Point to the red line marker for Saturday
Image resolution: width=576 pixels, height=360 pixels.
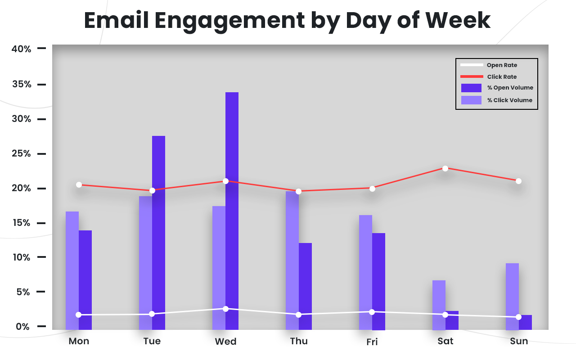pyautogui.click(x=445, y=168)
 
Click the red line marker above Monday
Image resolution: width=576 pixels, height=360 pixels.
pyautogui.click(x=79, y=184)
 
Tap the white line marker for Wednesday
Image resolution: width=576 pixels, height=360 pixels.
pyautogui.click(x=225, y=309)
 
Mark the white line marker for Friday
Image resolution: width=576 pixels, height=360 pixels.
pyautogui.click(x=372, y=312)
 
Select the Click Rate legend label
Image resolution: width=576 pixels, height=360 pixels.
pyautogui.click(x=502, y=77)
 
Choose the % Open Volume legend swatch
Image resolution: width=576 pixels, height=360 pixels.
pyautogui.click(x=471, y=88)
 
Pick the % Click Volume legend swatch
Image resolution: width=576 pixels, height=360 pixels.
pyautogui.click(x=471, y=100)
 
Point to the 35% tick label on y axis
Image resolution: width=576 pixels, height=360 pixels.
pyautogui.click(x=21, y=85)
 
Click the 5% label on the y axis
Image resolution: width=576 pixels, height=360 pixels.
pyautogui.click(x=23, y=292)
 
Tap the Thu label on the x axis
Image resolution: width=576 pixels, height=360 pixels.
pyautogui.click(x=299, y=341)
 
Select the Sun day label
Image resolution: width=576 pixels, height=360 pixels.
pyautogui.click(x=519, y=341)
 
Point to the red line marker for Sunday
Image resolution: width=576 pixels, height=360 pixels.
pyautogui.click(x=518, y=181)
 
